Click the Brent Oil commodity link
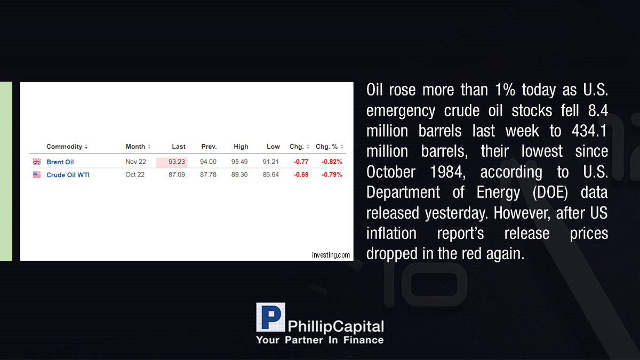pyautogui.click(x=60, y=162)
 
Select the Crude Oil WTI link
pyautogui.click(x=68, y=175)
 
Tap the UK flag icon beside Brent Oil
pyautogui.click(x=37, y=162)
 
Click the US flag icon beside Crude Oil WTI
pyautogui.click(x=37, y=174)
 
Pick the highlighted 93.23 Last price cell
pyautogui.click(x=172, y=162)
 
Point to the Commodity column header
pyautogui.click(x=65, y=147)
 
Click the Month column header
pyautogui.click(x=135, y=147)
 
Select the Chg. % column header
pyautogui.click(x=326, y=147)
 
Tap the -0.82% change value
pyautogui.click(x=332, y=162)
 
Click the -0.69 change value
pyautogui.click(x=301, y=174)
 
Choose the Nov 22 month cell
pyautogui.click(x=135, y=162)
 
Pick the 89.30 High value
pyautogui.click(x=239, y=174)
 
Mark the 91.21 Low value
pyautogui.click(x=270, y=162)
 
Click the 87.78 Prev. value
pyautogui.click(x=208, y=174)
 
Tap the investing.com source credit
pyautogui.click(x=331, y=255)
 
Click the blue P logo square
pyautogui.click(x=270, y=317)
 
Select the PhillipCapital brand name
pyautogui.click(x=335, y=326)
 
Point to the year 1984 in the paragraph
pyautogui.click(x=447, y=172)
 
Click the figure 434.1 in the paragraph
pyautogui.click(x=589, y=131)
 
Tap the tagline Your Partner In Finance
pyautogui.click(x=320, y=340)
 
